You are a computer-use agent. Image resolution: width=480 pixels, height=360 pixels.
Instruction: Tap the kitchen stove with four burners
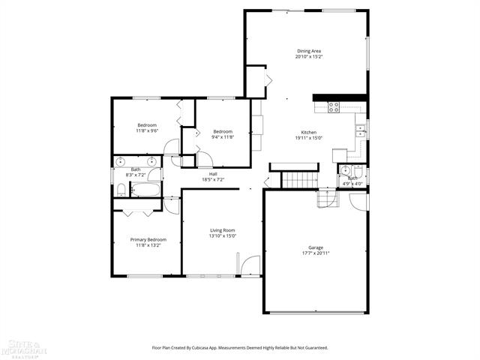pyautogui.click(x=334, y=106)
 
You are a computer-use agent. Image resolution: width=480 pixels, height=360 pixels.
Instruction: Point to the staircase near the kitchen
pyautogui.click(x=297, y=180)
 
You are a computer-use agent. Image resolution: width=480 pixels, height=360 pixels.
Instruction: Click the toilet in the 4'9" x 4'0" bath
pyautogui.click(x=357, y=171)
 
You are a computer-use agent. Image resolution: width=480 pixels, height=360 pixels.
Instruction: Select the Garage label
pyautogui.click(x=316, y=247)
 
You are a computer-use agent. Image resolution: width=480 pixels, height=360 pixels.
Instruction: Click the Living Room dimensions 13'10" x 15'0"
pyautogui.click(x=222, y=236)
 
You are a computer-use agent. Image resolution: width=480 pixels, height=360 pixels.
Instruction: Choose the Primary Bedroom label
pyautogui.click(x=146, y=239)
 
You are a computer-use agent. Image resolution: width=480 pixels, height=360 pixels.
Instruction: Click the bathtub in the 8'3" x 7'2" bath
pyautogui.click(x=144, y=190)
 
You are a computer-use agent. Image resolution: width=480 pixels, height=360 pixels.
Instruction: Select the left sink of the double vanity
pyautogui.click(x=121, y=162)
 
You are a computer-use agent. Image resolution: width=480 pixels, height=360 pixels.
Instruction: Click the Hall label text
pyautogui.click(x=213, y=174)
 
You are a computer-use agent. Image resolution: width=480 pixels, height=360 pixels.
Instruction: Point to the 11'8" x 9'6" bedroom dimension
pyautogui.click(x=146, y=130)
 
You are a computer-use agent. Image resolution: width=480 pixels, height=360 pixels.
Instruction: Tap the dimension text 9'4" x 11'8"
pyautogui.click(x=222, y=137)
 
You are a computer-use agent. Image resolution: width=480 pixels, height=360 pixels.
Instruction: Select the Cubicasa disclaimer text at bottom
pyautogui.click(x=240, y=347)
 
